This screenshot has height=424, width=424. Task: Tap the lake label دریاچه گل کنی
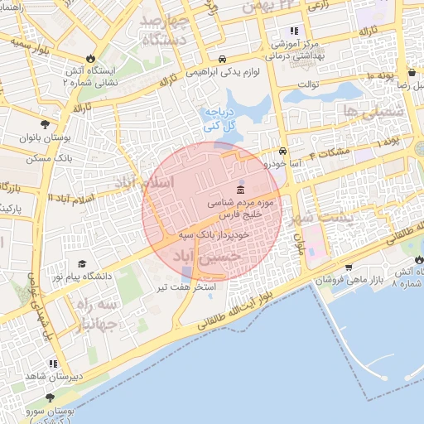tap(220, 118)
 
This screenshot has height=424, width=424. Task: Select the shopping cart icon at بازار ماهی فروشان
tap(349, 267)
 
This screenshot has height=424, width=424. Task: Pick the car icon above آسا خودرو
tap(283, 152)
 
